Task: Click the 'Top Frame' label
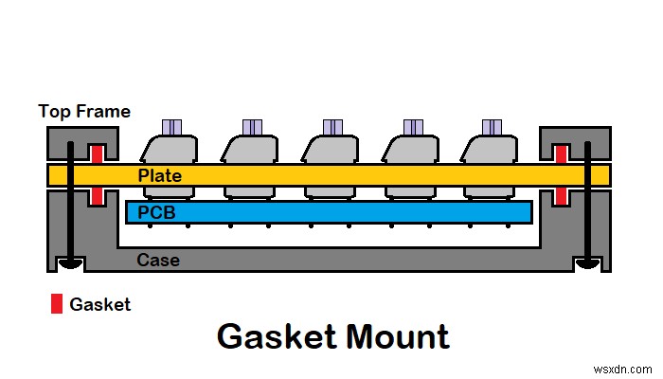[84, 111]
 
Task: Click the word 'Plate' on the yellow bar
[159, 176]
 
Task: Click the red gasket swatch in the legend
[56, 304]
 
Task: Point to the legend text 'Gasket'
[101, 305]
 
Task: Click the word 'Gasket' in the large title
[275, 336]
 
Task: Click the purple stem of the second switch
[252, 127]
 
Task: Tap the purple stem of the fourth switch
[413, 127]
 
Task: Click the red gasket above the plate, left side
[96, 153]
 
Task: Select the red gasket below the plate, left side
[96, 195]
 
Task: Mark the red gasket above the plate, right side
[561, 153]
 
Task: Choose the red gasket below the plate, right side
[561, 195]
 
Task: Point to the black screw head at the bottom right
[587, 263]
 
